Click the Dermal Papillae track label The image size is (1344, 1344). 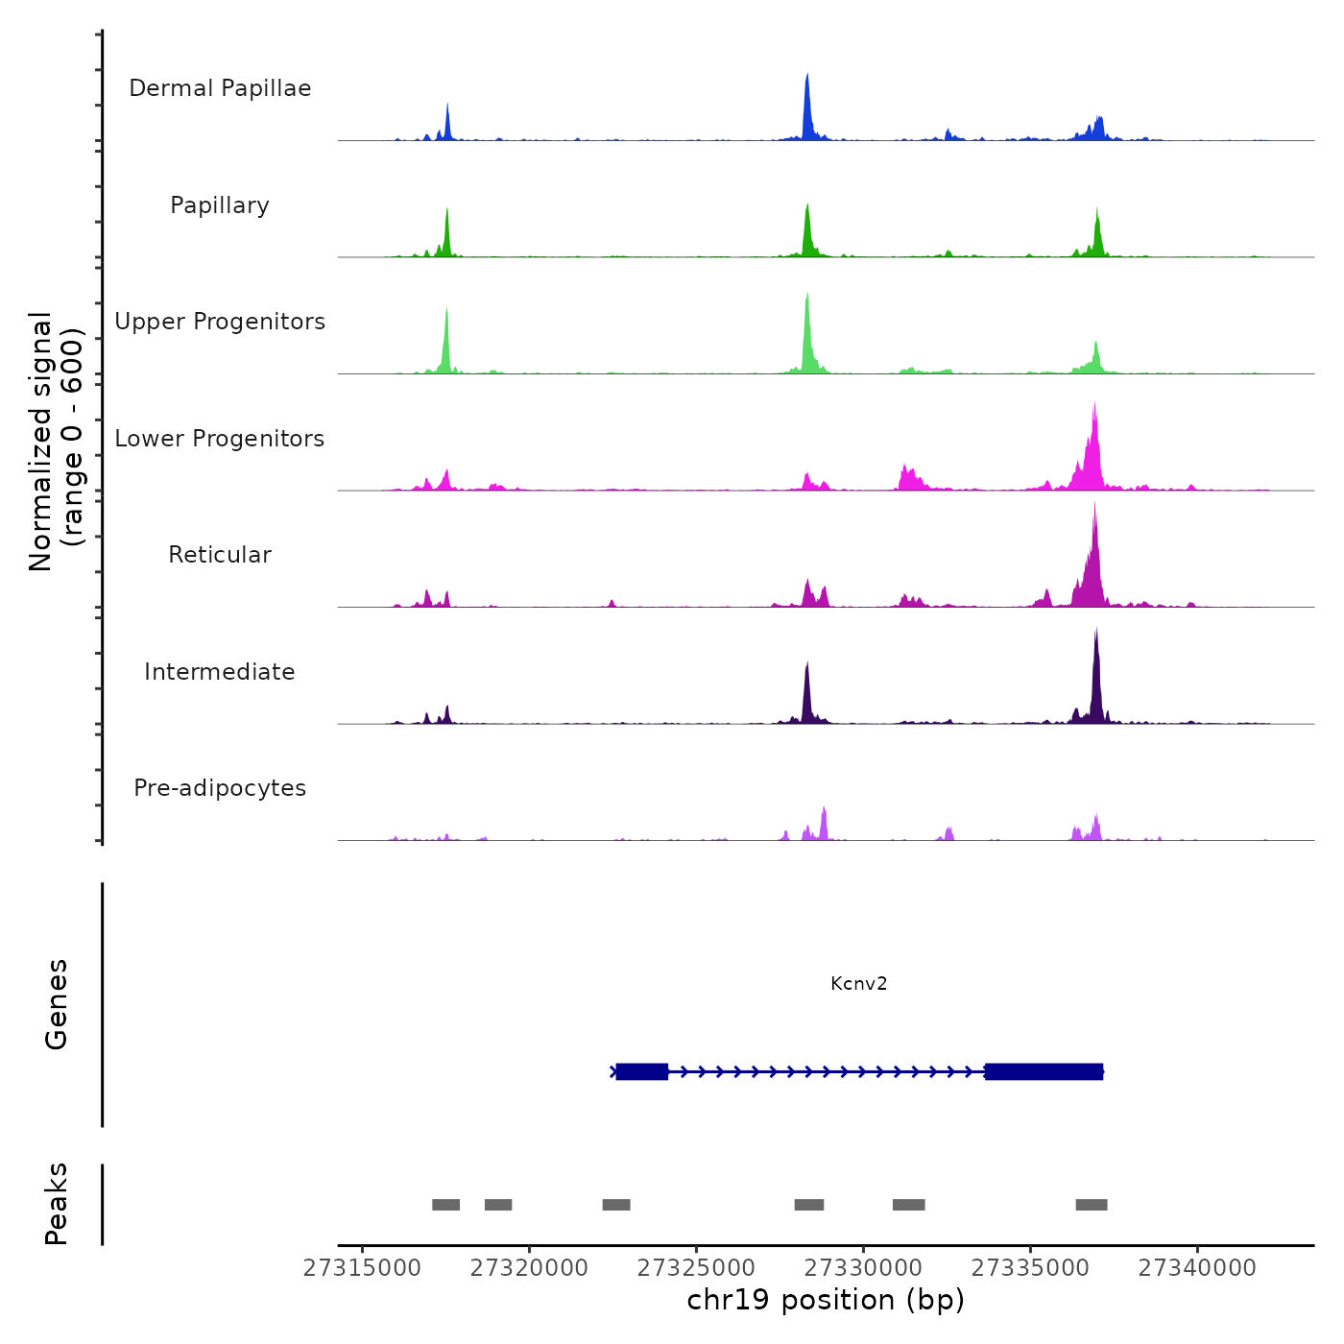pyautogui.click(x=220, y=88)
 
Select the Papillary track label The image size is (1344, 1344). pyautogui.click(x=220, y=205)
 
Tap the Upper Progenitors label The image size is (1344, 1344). pyautogui.click(x=220, y=322)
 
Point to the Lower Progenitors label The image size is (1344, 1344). pyautogui.click(x=220, y=439)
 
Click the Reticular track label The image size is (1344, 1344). pyautogui.click(x=220, y=555)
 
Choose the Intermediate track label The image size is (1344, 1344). pyautogui.click(x=220, y=672)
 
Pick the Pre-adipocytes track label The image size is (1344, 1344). pyautogui.click(x=220, y=788)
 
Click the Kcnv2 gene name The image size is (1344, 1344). pyautogui.click(x=858, y=983)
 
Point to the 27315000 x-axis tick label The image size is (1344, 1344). pyautogui.click(x=362, y=1268)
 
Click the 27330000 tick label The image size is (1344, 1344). pyautogui.click(x=863, y=1268)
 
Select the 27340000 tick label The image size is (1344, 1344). pyautogui.click(x=1197, y=1268)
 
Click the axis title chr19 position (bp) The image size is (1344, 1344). pyautogui.click(x=826, y=1300)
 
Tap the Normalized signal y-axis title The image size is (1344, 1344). pyautogui.click(x=56, y=442)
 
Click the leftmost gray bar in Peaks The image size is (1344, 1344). pyautogui.click(x=445, y=1205)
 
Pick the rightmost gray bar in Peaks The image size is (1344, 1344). pyautogui.click(x=1092, y=1205)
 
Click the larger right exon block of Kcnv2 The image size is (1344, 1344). pyautogui.click(x=1044, y=1071)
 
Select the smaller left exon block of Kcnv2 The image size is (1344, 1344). pyautogui.click(x=641, y=1071)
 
